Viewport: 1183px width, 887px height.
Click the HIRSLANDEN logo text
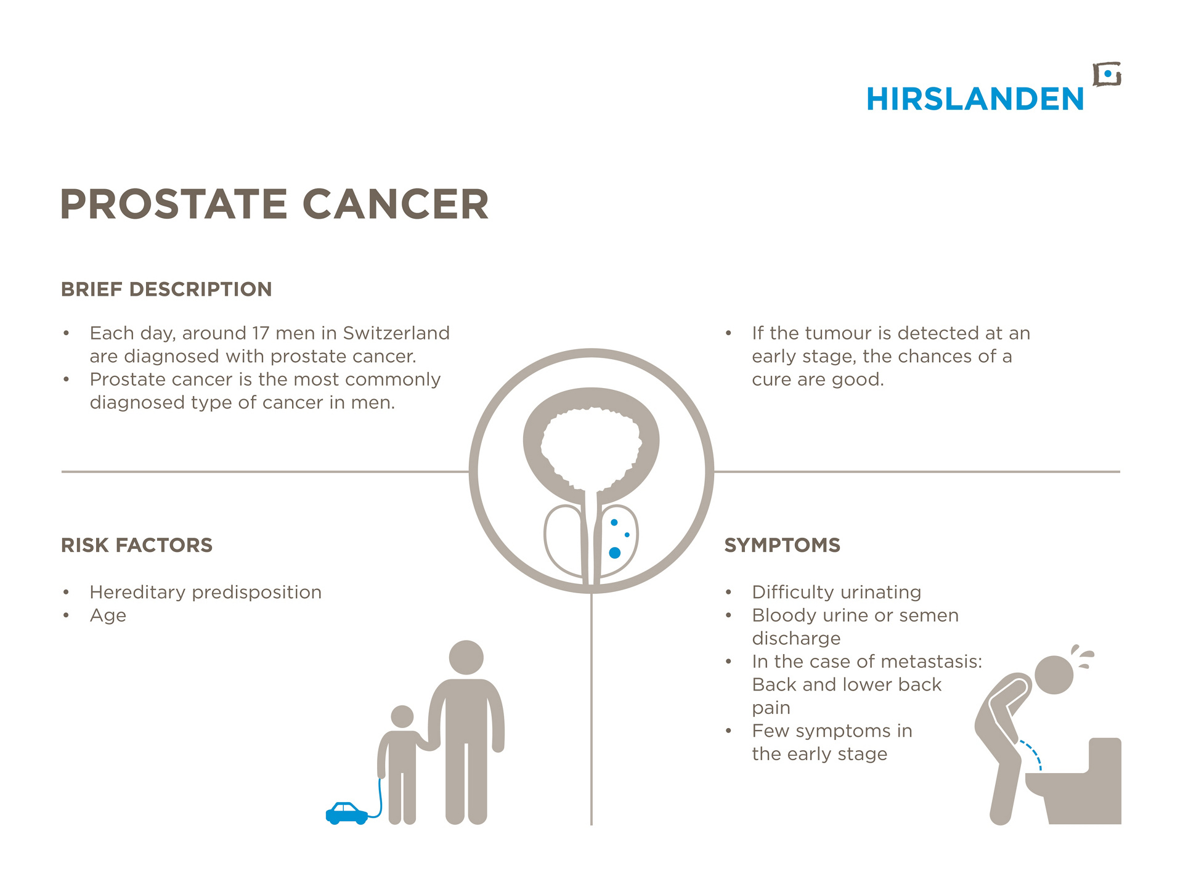point(975,99)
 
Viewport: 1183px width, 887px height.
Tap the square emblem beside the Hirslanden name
point(1107,75)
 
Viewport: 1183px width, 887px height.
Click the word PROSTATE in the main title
point(174,204)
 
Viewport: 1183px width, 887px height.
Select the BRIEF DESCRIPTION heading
point(166,289)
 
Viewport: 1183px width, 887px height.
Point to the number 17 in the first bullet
point(261,333)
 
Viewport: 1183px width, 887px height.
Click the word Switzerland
point(396,333)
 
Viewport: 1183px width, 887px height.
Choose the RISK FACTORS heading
point(137,545)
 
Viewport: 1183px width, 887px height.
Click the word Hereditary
point(137,593)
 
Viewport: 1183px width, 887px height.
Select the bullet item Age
point(108,616)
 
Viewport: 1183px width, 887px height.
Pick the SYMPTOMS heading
point(783,545)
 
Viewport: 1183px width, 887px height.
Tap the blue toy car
point(347,813)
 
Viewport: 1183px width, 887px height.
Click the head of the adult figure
point(466,657)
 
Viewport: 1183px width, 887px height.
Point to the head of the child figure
point(402,716)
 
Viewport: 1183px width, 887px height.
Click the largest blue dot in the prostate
point(614,553)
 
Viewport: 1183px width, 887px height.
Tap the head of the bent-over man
point(1054,675)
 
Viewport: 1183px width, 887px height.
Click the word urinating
point(880,593)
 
